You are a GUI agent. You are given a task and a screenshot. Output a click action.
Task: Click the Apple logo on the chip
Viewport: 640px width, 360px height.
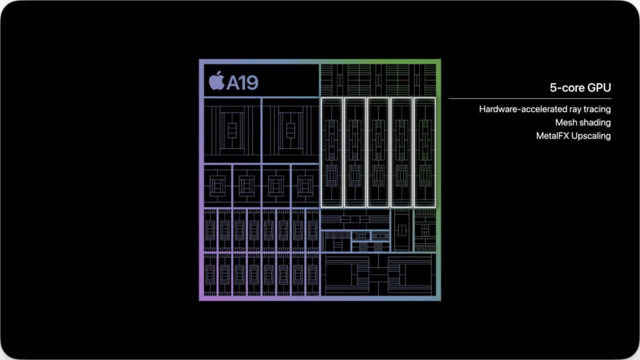click(217, 81)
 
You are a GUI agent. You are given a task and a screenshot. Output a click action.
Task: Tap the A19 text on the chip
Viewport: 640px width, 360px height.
click(242, 83)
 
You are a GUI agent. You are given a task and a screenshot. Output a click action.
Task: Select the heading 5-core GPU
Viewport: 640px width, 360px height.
click(580, 87)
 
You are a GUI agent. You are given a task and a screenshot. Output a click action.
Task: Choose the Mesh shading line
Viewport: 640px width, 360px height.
click(583, 122)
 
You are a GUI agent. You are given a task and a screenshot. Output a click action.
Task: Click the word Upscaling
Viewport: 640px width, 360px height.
click(591, 136)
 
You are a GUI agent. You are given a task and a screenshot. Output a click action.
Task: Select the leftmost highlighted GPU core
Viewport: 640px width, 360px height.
click(332, 152)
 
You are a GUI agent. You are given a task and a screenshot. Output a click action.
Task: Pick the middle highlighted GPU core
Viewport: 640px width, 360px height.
click(378, 152)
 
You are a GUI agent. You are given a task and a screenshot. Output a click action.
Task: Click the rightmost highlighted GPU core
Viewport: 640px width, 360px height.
click(425, 152)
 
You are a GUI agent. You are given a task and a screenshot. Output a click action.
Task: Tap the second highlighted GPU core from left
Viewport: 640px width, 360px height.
click(355, 152)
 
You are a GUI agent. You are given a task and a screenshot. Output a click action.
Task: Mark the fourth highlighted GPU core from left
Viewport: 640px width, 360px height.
click(402, 152)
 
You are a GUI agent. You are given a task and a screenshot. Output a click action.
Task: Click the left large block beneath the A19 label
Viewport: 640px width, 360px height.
click(232, 131)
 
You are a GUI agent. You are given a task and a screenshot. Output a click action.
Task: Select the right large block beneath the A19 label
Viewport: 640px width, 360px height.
click(291, 131)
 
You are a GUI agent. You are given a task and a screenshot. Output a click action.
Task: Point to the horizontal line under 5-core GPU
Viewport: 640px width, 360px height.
click(530, 98)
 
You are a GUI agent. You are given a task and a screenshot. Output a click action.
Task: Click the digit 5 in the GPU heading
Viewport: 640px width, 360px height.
click(553, 87)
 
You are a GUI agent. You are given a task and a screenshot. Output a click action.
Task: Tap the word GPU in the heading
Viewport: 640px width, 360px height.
click(599, 87)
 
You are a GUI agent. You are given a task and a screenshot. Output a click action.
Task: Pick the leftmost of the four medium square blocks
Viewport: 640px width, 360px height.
click(217, 186)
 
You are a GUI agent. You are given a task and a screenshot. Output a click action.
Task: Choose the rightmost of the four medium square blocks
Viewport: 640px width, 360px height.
click(305, 186)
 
